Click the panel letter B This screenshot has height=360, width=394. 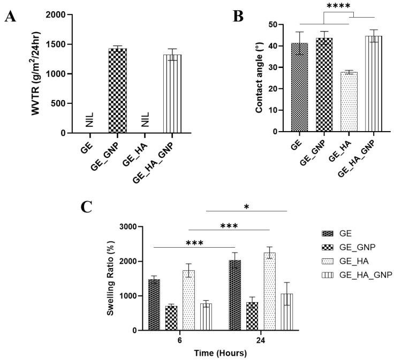pyautogui.click(x=238, y=16)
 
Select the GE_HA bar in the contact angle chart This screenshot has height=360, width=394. pyautogui.click(x=348, y=102)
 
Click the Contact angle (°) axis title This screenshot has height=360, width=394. pyautogui.click(x=259, y=78)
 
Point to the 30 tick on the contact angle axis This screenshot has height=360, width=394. pyautogui.click(x=279, y=67)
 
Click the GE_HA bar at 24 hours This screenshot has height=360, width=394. pyautogui.click(x=268, y=292)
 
